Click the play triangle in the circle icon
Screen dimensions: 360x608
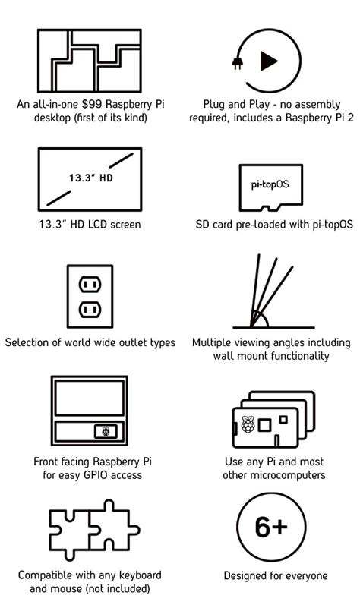[x=268, y=61]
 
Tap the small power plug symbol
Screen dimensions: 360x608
[x=238, y=63]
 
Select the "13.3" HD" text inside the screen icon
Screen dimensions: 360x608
[x=91, y=178]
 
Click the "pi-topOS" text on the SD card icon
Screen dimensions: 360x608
[x=270, y=184]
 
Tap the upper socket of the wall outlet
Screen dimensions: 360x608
[x=90, y=285]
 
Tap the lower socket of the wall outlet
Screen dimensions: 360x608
[x=90, y=310]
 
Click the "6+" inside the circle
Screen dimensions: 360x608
[x=271, y=527]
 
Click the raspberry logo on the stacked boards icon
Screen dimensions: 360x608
[x=248, y=424]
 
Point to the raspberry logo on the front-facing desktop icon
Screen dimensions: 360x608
[x=106, y=431]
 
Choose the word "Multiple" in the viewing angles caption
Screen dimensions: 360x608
[x=212, y=343]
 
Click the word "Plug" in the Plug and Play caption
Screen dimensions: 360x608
[x=213, y=105]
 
